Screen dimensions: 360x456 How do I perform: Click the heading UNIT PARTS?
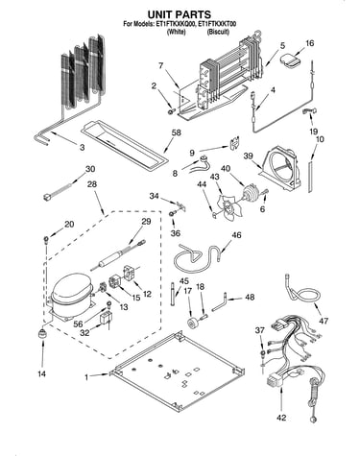coord(180,14)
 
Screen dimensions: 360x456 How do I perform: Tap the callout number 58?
coord(176,132)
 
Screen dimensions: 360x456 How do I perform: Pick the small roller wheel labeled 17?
coord(194,323)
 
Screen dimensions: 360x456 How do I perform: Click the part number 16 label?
coord(309,43)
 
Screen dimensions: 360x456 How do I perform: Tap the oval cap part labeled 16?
coord(291,60)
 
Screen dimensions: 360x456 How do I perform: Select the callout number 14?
coord(42,373)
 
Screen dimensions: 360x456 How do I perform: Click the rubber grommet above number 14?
coord(42,334)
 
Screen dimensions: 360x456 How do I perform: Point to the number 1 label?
coord(86,377)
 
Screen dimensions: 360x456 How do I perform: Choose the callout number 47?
coord(324,320)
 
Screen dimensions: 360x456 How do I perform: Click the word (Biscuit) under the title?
coord(218,32)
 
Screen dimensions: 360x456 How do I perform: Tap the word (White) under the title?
coord(177,32)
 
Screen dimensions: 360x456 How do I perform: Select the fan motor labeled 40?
coord(251,193)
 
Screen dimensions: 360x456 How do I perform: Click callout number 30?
coord(90,169)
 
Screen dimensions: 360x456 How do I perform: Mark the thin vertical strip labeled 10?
coord(309,177)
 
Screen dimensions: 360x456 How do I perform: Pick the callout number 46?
coord(236,235)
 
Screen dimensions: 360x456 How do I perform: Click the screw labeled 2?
coord(171,110)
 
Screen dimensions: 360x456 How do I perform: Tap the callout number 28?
coord(92,184)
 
